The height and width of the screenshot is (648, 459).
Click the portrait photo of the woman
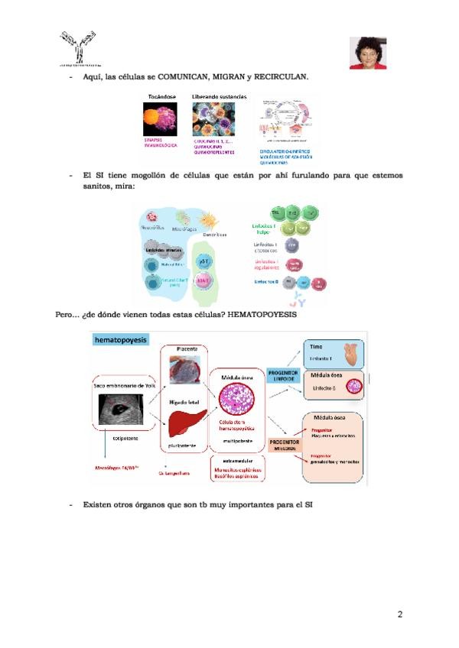pyautogui.click(x=367, y=53)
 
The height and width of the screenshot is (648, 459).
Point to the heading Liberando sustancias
pyautogui.click(x=219, y=96)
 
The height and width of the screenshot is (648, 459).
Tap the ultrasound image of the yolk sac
pyautogui.click(x=122, y=413)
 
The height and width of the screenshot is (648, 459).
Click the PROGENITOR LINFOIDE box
pyautogui.click(x=283, y=377)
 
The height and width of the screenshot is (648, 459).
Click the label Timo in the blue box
pyautogui.click(x=316, y=345)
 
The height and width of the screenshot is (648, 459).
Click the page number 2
pyautogui.click(x=399, y=614)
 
